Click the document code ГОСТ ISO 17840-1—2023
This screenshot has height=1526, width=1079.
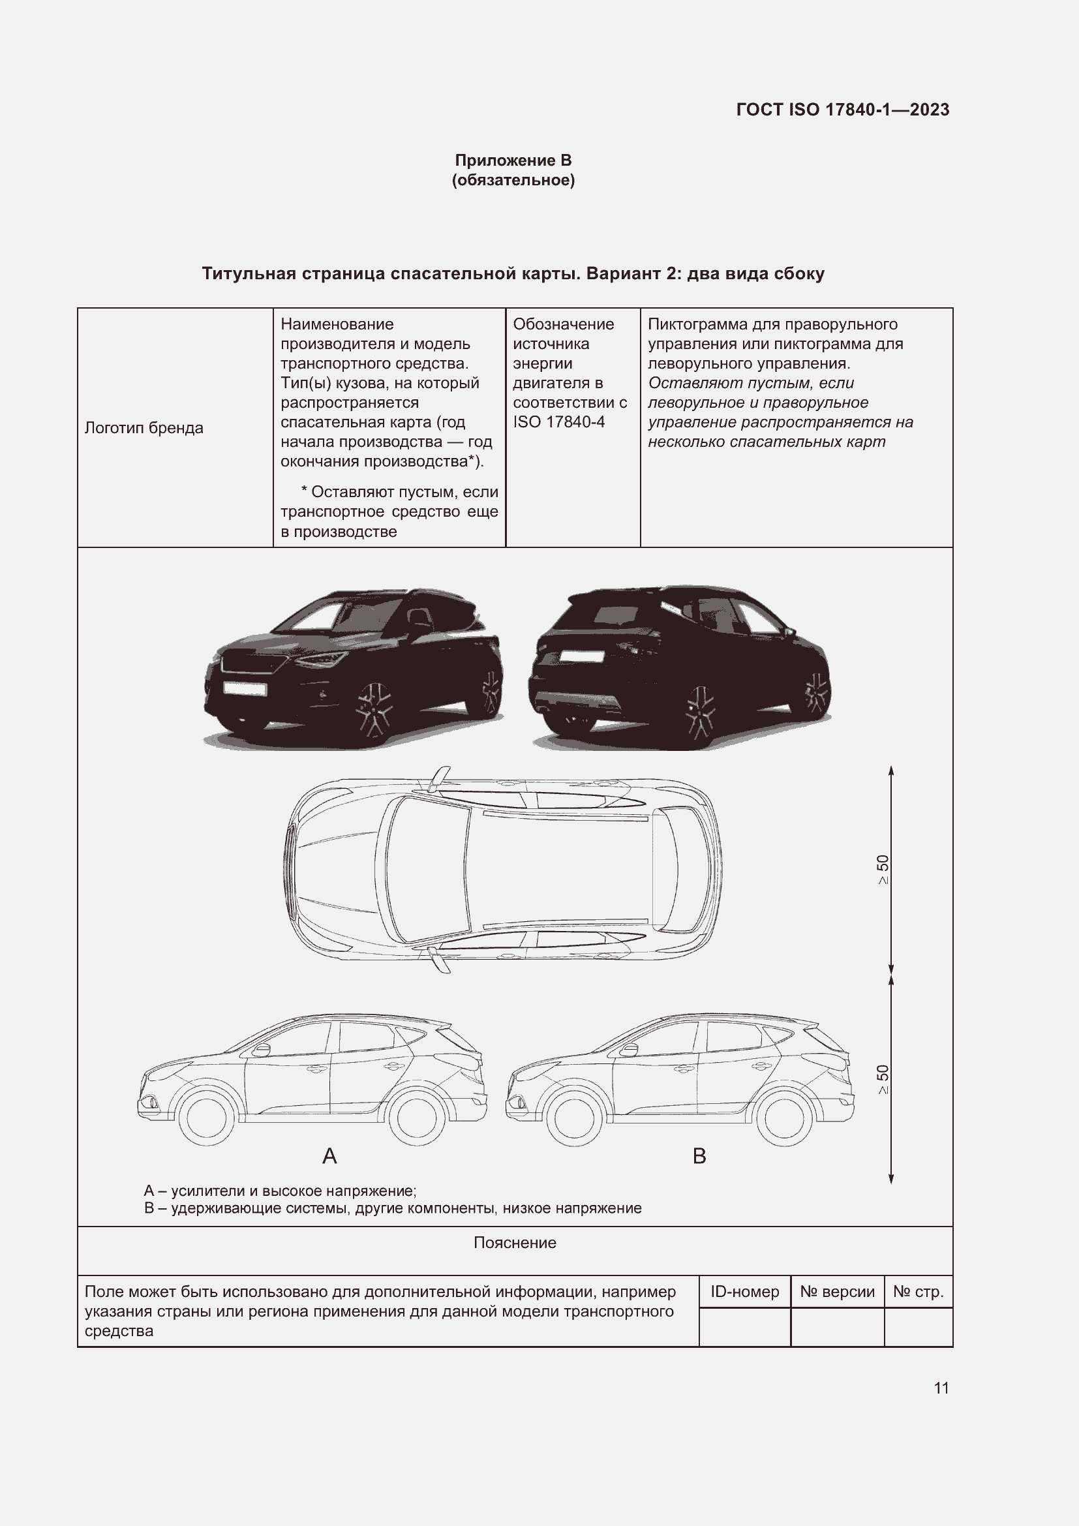(842, 110)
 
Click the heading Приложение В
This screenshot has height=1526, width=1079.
(513, 160)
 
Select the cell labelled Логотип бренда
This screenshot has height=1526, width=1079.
(144, 428)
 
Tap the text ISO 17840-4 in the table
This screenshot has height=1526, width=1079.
(559, 422)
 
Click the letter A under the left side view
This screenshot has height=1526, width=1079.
(329, 1157)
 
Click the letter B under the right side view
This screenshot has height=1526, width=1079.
(699, 1157)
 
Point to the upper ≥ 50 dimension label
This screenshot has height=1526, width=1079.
(883, 869)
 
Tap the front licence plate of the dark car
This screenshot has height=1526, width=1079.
(245, 688)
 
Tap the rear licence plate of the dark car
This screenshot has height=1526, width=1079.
(581, 656)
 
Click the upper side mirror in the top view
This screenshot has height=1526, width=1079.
(439, 778)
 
